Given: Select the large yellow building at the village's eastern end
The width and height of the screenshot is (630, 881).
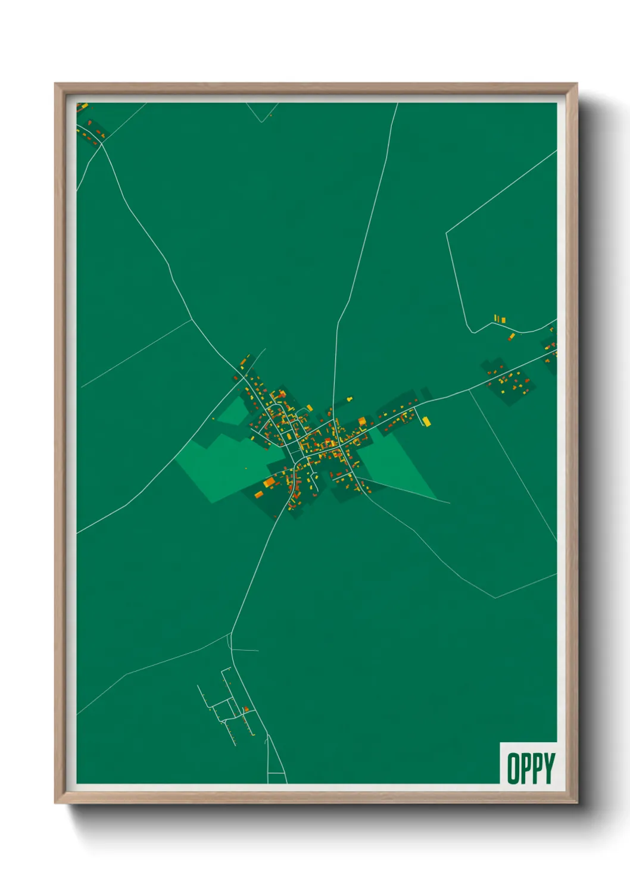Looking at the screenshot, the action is click(x=426, y=421).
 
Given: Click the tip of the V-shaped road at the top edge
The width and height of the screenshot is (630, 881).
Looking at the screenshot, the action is click(x=261, y=122).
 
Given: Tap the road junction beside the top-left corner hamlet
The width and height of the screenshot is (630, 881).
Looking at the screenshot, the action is click(x=102, y=143).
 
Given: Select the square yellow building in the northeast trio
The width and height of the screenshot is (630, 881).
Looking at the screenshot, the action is click(x=503, y=320).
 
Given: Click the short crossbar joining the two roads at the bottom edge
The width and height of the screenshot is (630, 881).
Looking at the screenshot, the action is click(x=276, y=773).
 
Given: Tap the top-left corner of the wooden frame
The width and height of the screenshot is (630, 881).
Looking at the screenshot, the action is click(x=55, y=84).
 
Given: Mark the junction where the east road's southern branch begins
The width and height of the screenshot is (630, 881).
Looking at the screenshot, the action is click(x=470, y=390).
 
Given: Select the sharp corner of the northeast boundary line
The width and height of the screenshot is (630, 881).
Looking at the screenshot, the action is click(x=447, y=232).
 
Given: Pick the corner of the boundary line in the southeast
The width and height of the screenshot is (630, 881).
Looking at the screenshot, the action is click(x=495, y=597).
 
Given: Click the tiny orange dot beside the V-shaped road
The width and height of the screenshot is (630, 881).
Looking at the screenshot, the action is click(x=270, y=115).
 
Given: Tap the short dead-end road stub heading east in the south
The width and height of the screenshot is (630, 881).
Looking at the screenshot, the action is click(x=245, y=650).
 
